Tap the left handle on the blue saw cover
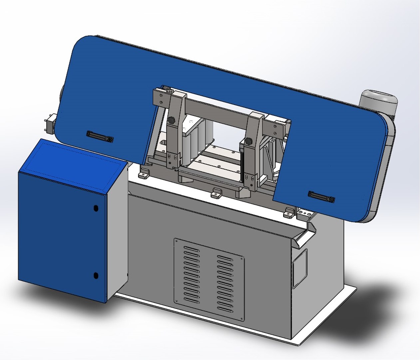pos(100,136)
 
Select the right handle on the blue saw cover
pos(321,197)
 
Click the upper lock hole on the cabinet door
pos(96,208)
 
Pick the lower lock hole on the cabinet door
pos(96,275)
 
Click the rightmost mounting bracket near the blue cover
pos(289,212)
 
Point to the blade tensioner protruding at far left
pos(50,124)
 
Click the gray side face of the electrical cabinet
pos(117,230)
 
